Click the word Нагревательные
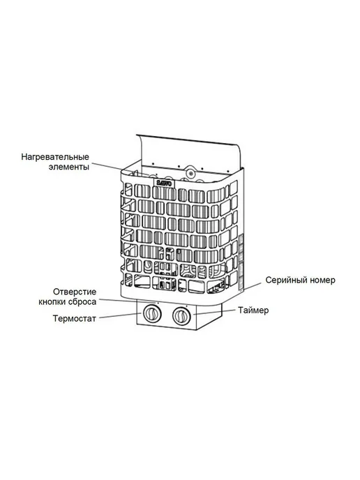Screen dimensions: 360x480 tap(55, 157)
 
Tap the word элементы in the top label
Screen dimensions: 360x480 tap(69, 167)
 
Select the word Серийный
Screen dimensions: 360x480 tap(283, 280)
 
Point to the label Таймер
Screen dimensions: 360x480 tap(253, 310)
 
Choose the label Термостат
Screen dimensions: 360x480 tap(75, 319)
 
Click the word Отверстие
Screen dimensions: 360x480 tap(75, 292)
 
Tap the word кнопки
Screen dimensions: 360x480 tap(52, 302)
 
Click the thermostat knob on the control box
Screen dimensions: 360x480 tap(151, 314)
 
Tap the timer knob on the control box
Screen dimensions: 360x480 tap(182, 315)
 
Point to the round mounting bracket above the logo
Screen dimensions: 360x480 tap(191, 173)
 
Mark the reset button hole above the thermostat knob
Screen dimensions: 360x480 tap(158, 303)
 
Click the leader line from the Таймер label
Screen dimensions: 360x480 tap(214, 313)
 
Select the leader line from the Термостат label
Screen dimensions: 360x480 tap(120, 316)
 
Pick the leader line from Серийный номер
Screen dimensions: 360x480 tap(253, 286)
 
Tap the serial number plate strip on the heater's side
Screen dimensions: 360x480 tap(241, 261)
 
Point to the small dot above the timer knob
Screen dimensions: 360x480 tap(186, 306)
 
